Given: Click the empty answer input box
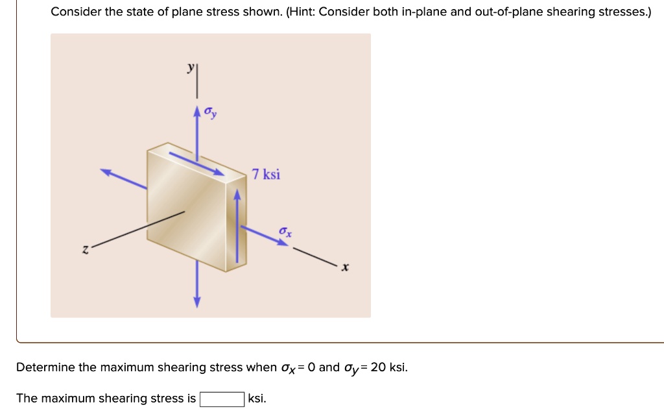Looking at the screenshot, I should click(222, 399).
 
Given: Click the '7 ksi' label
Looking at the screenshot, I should click(267, 175).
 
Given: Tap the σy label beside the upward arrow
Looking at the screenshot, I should click(211, 112).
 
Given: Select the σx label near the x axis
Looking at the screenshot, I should click(286, 232).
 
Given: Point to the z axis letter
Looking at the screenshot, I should click(84, 249).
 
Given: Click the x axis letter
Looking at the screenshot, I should click(345, 267).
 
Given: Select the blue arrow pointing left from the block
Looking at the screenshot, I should click(123, 178).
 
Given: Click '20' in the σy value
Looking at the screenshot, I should click(379, 367).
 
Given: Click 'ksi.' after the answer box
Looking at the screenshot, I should click(257, 399).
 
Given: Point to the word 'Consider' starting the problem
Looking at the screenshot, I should click(74, 12).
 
